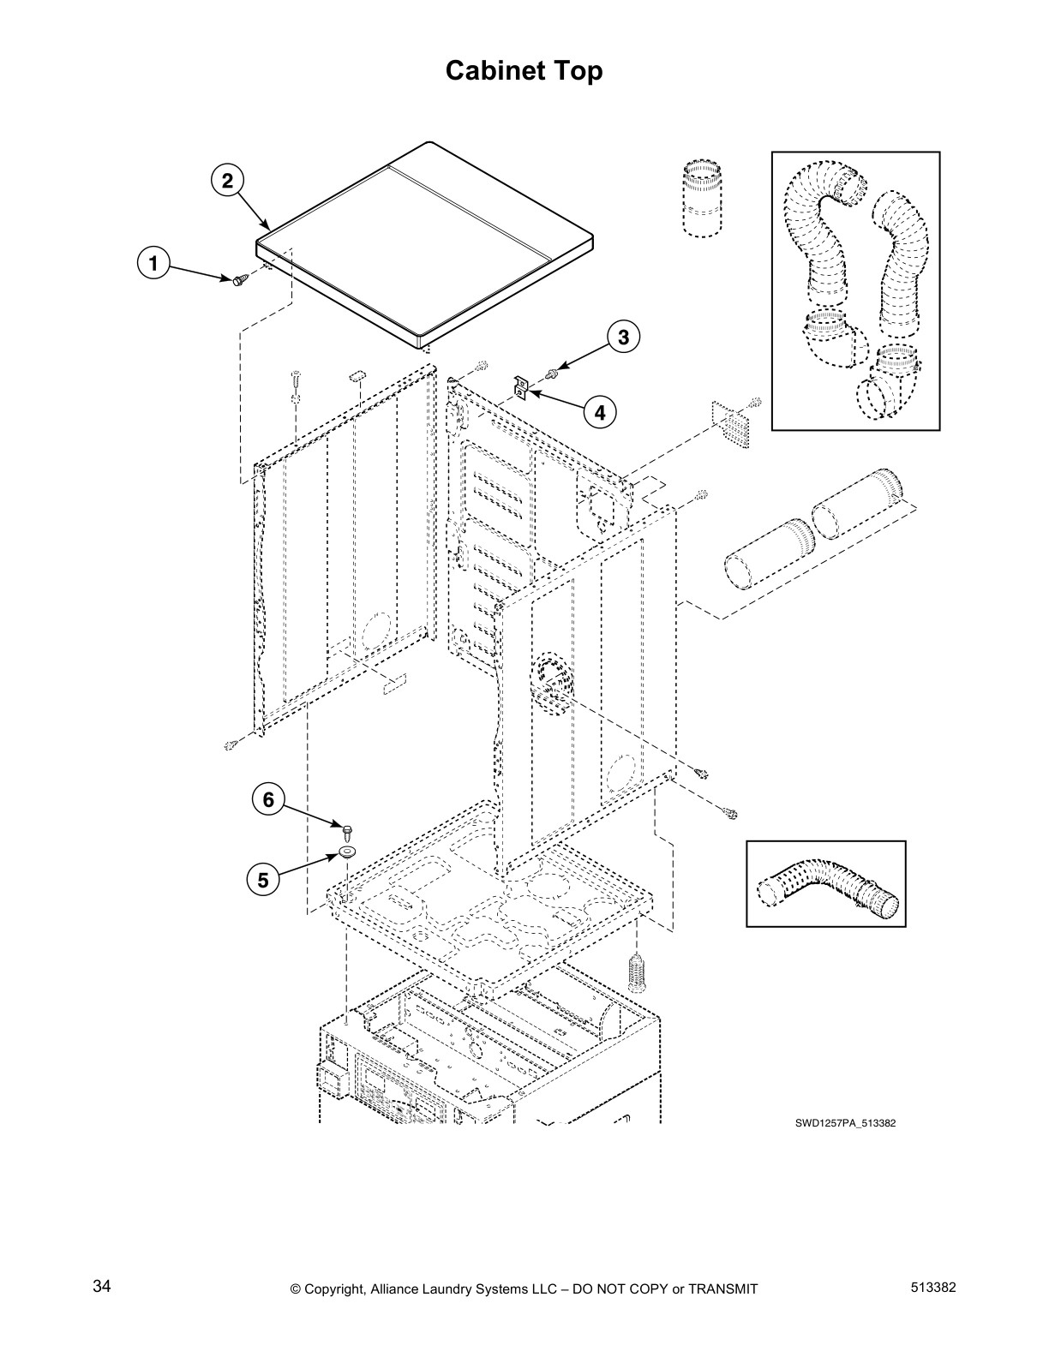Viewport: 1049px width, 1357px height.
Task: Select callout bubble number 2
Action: pyautogui.click(x=226, y=181)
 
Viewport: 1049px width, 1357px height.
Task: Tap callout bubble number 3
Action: pyautogui.click(x=623, y=337)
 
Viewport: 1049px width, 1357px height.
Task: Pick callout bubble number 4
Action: pyautogui.click(x=599, y=413)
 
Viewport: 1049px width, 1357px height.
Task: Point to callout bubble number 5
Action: pyautogui.click(x=263, y=880)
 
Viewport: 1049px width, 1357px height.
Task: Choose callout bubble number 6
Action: pyautogui.click(x=268, y=799)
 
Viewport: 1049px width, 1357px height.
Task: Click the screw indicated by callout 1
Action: pyautogui.click(x=240, y=278)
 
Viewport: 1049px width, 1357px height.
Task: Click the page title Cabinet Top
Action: pyautogui.click(x=524, y=71)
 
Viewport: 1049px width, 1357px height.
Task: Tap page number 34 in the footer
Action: pyautogui.click(x=102, y=1287)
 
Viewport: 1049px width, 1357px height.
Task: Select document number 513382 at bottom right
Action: pyautogui.click(x=934, y=1287)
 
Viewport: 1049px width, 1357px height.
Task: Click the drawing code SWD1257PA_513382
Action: pyautogui.click(x=845, y=1123)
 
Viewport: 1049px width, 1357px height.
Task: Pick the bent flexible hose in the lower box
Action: pyautogui.click(x=826, y=884)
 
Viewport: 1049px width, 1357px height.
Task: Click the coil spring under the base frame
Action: pyautogui.click(x=636, y=971)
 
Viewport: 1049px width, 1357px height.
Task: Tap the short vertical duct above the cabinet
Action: pyautogui.click(x=702, y=196)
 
